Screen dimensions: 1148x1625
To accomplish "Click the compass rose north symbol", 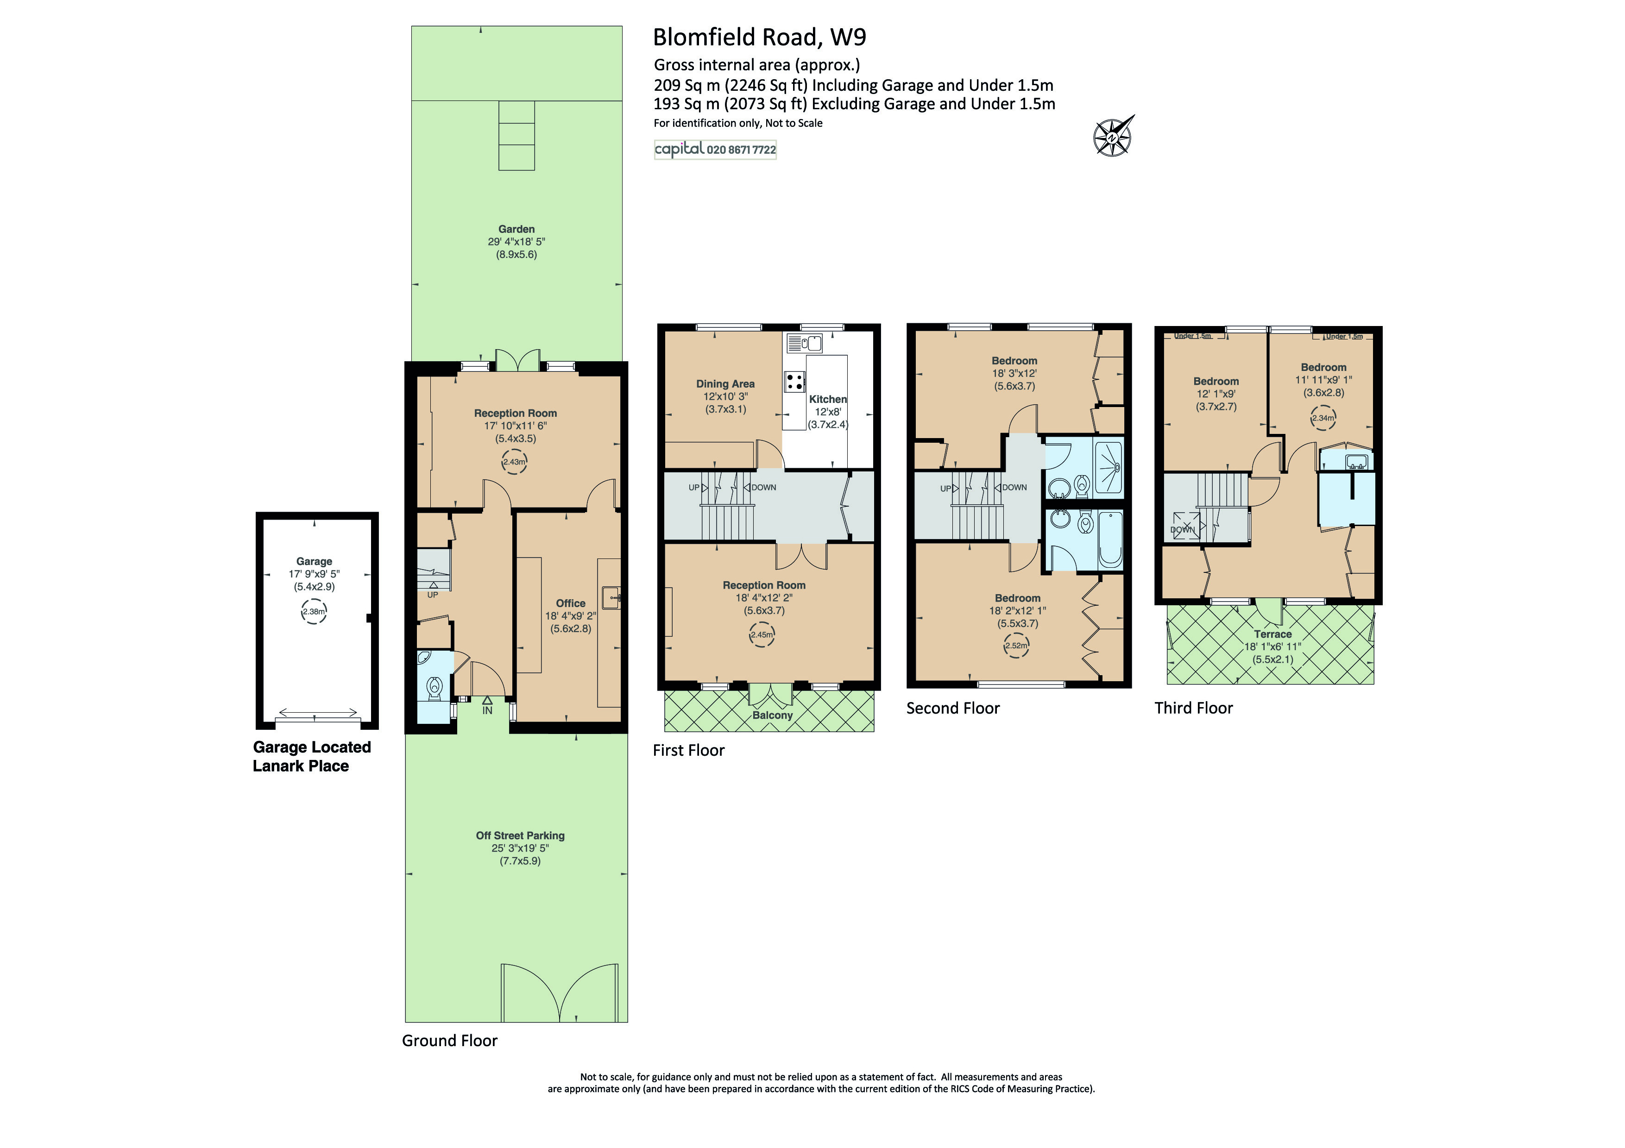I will (1113, 136).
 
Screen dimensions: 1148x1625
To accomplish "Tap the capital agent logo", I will (679, 149).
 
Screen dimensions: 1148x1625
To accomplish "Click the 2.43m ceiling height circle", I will (515, 462).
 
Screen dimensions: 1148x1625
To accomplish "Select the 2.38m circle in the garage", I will (314, 612).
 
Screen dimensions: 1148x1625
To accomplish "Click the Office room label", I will (570, 603).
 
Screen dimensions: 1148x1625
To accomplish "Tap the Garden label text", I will (516, 229).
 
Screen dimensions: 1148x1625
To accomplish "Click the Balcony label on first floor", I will (772, 715).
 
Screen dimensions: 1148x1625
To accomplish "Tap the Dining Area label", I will (725, 383).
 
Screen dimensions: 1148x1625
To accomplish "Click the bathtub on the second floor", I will (1110, 539).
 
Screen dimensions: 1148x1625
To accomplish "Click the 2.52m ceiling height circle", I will (1015, 645).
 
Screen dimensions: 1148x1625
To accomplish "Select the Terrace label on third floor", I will (1272, 634).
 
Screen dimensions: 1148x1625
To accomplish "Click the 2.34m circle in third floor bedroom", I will (1323, 418).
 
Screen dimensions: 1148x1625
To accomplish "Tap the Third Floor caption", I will (1193, 708).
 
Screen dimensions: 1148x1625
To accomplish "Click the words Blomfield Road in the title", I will (736, 37).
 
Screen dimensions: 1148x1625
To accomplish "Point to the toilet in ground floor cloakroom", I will (434, 686).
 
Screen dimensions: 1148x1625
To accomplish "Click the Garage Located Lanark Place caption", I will (311, 756).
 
